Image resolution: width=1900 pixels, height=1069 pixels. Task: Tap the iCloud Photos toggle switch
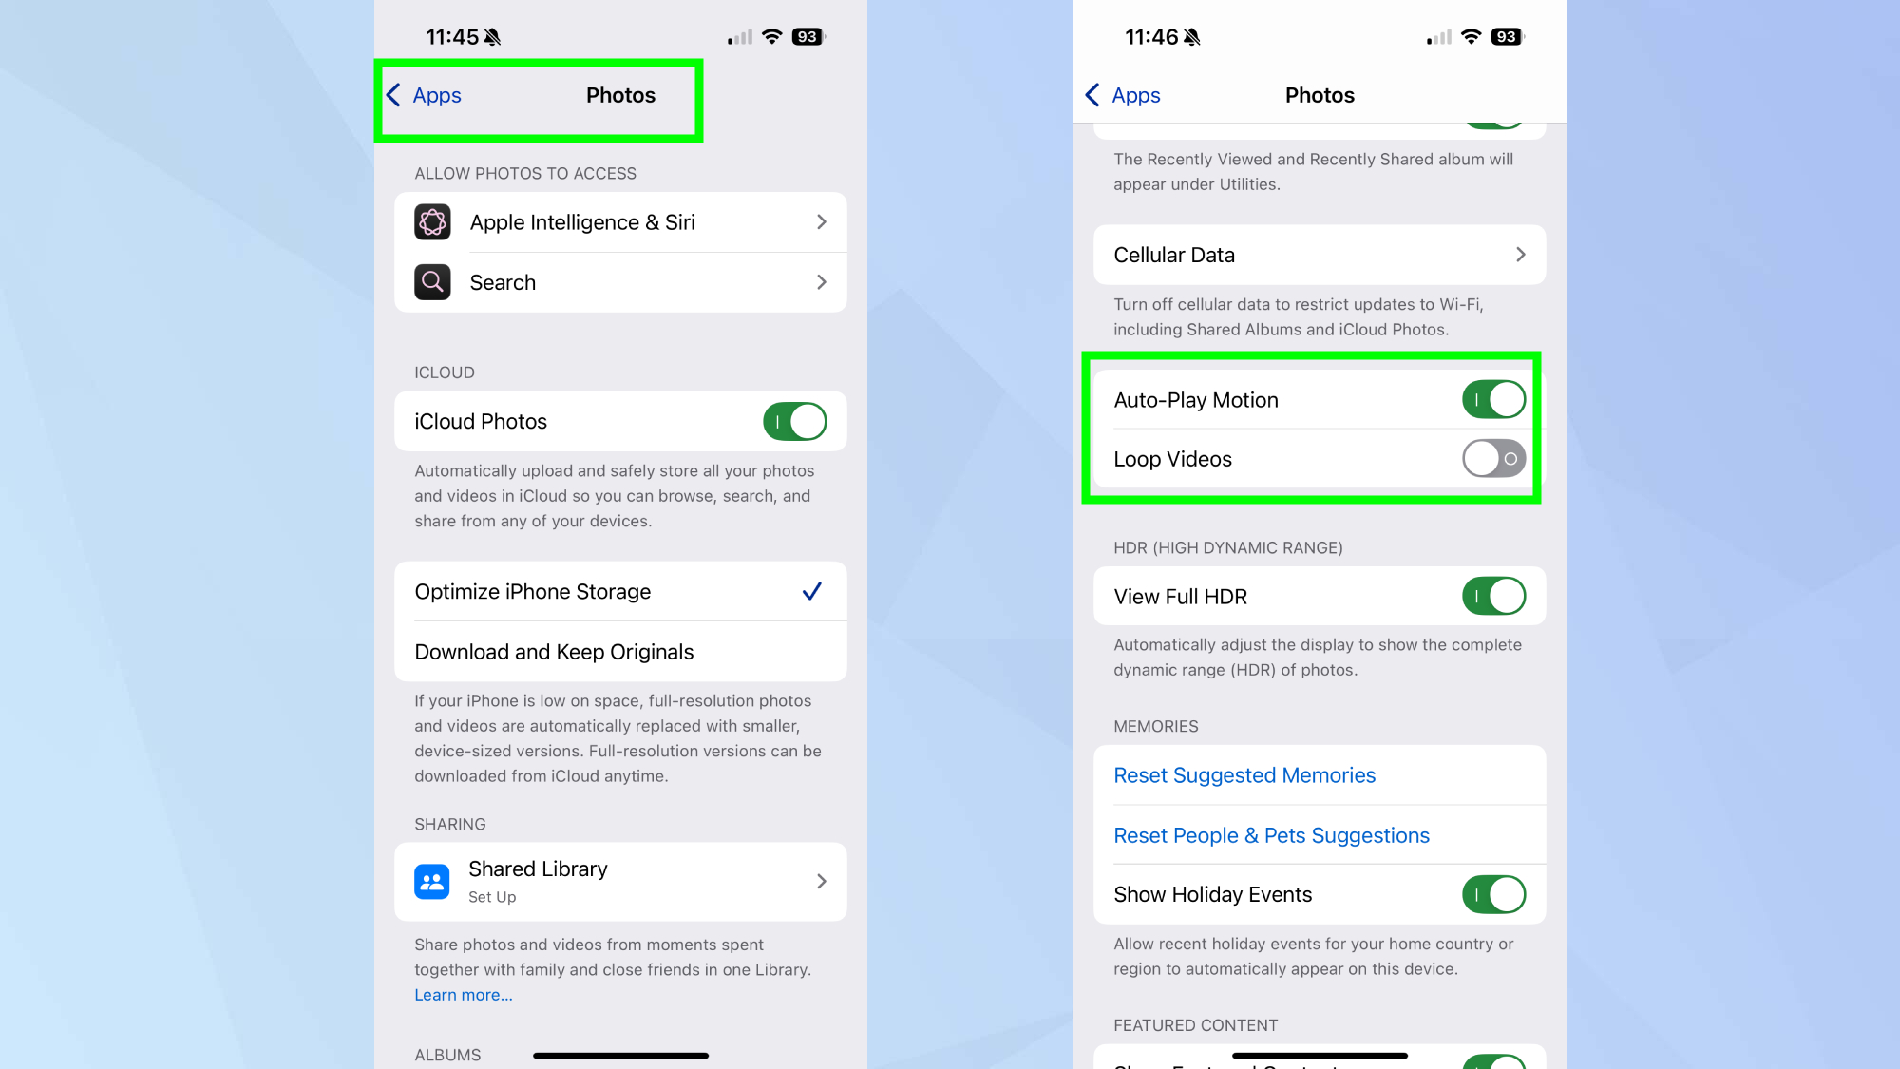click(794, 421)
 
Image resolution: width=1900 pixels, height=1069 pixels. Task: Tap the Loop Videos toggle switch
click(1493, 459)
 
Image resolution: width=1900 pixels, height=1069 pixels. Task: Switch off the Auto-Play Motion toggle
click(1493, 400)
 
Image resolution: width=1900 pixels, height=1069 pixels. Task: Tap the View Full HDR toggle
click(1493, 597)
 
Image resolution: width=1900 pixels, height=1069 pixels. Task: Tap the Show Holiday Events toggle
click(1493, 894)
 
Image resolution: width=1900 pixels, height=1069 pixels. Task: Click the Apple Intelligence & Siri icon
click(432, 222)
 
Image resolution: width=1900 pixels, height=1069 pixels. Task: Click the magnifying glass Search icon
click(432, 282)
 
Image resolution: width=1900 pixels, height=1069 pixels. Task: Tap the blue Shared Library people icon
click(432, 882)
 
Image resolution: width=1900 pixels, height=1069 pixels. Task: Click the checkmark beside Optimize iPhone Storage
click(811, 591)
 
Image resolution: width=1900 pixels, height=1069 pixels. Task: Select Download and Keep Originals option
click(554, 652)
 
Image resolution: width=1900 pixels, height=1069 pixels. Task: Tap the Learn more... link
click(463, 995)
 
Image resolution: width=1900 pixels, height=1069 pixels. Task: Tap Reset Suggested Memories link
click(1244, 775)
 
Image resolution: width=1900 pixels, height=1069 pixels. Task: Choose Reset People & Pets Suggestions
click(1271, 835)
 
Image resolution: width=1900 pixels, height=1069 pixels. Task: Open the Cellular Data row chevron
click(1520, 255)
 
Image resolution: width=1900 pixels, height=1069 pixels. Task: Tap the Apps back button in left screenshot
click(425, 95)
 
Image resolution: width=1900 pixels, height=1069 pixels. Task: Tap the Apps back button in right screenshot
click(1124, 95)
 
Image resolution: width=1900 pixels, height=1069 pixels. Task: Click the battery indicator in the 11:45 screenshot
click(808, 37)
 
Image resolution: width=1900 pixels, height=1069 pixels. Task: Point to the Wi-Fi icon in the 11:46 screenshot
click(1472, 37)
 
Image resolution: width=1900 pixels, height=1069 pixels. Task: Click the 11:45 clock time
click(451, 37)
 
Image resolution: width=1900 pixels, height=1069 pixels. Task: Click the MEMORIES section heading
click(1155, 726)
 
